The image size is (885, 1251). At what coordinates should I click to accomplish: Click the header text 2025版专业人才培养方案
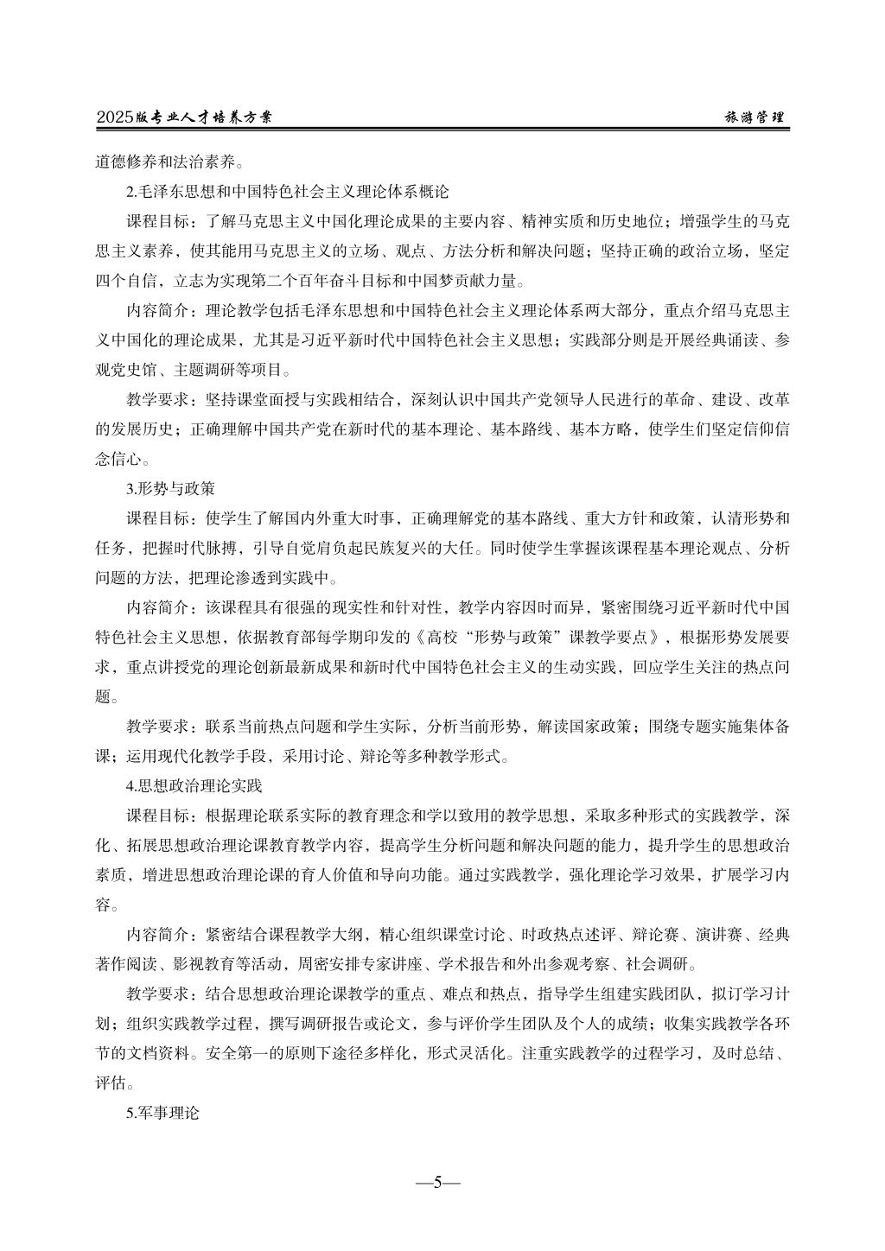click(x=184, y=117)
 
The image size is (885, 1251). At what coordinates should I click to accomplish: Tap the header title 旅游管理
click(x=754, y=117)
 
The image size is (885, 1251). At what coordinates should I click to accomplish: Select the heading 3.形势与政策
click(x=170, y=488)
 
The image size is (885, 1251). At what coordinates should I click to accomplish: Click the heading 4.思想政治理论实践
click(x=194, y=786)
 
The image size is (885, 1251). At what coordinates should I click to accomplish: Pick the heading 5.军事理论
click(x=162, y=1114)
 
